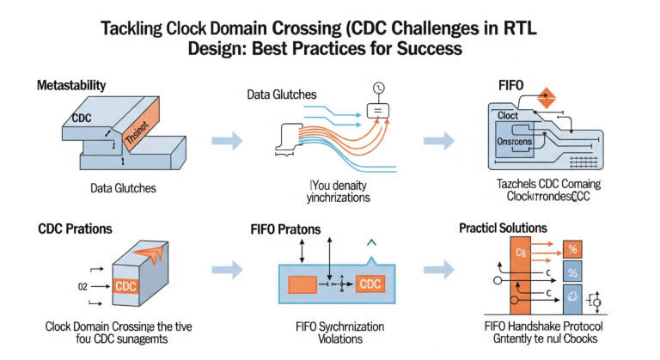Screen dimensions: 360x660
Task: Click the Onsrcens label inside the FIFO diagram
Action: [x=516, y=142]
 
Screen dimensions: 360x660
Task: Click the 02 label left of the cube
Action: [x=82, y=286]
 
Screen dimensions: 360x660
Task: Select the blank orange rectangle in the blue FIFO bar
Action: [x=302, y=284]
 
